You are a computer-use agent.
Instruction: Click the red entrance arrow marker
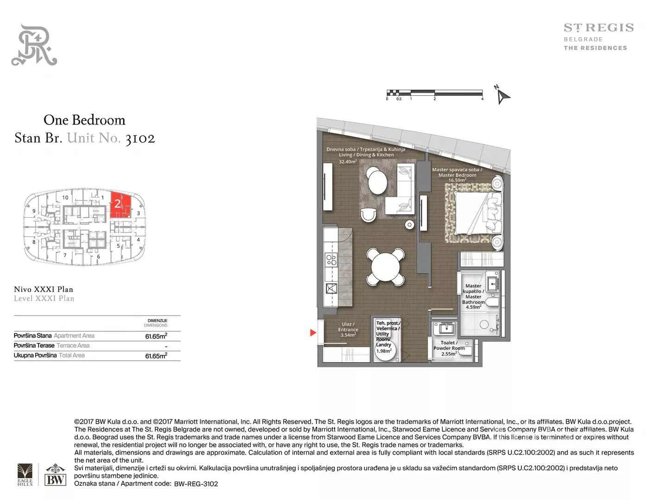click(x=313, y=332)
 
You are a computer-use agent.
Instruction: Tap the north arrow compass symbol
click(x=503, y=95)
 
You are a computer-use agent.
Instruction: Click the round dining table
click(x=385, y=267)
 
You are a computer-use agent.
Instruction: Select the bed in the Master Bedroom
click(x=477, y=212)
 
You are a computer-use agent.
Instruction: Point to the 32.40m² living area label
click(x=348, y=162)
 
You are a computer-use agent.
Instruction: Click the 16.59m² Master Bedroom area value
click(x=457, y=180)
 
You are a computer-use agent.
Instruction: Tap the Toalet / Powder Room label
click(x=449, y=348)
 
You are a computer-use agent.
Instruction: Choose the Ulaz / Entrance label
click(x=348, y=329)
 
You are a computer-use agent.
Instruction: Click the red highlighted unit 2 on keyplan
click(x=121, y=205)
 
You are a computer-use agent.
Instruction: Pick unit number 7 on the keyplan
click(x=65, y=255)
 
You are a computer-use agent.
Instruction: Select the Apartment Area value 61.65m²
click(x=156, y=336)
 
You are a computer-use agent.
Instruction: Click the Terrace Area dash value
click(x=166, y=347)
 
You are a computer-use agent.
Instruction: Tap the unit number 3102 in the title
click(x=140, y=138)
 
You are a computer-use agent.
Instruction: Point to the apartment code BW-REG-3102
click(x=196, y=484)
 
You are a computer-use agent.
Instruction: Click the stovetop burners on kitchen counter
click(x=331, y=260)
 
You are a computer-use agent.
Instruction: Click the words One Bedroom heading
click(x=84, y=120)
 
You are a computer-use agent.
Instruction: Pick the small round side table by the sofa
click(x=409, y=225)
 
